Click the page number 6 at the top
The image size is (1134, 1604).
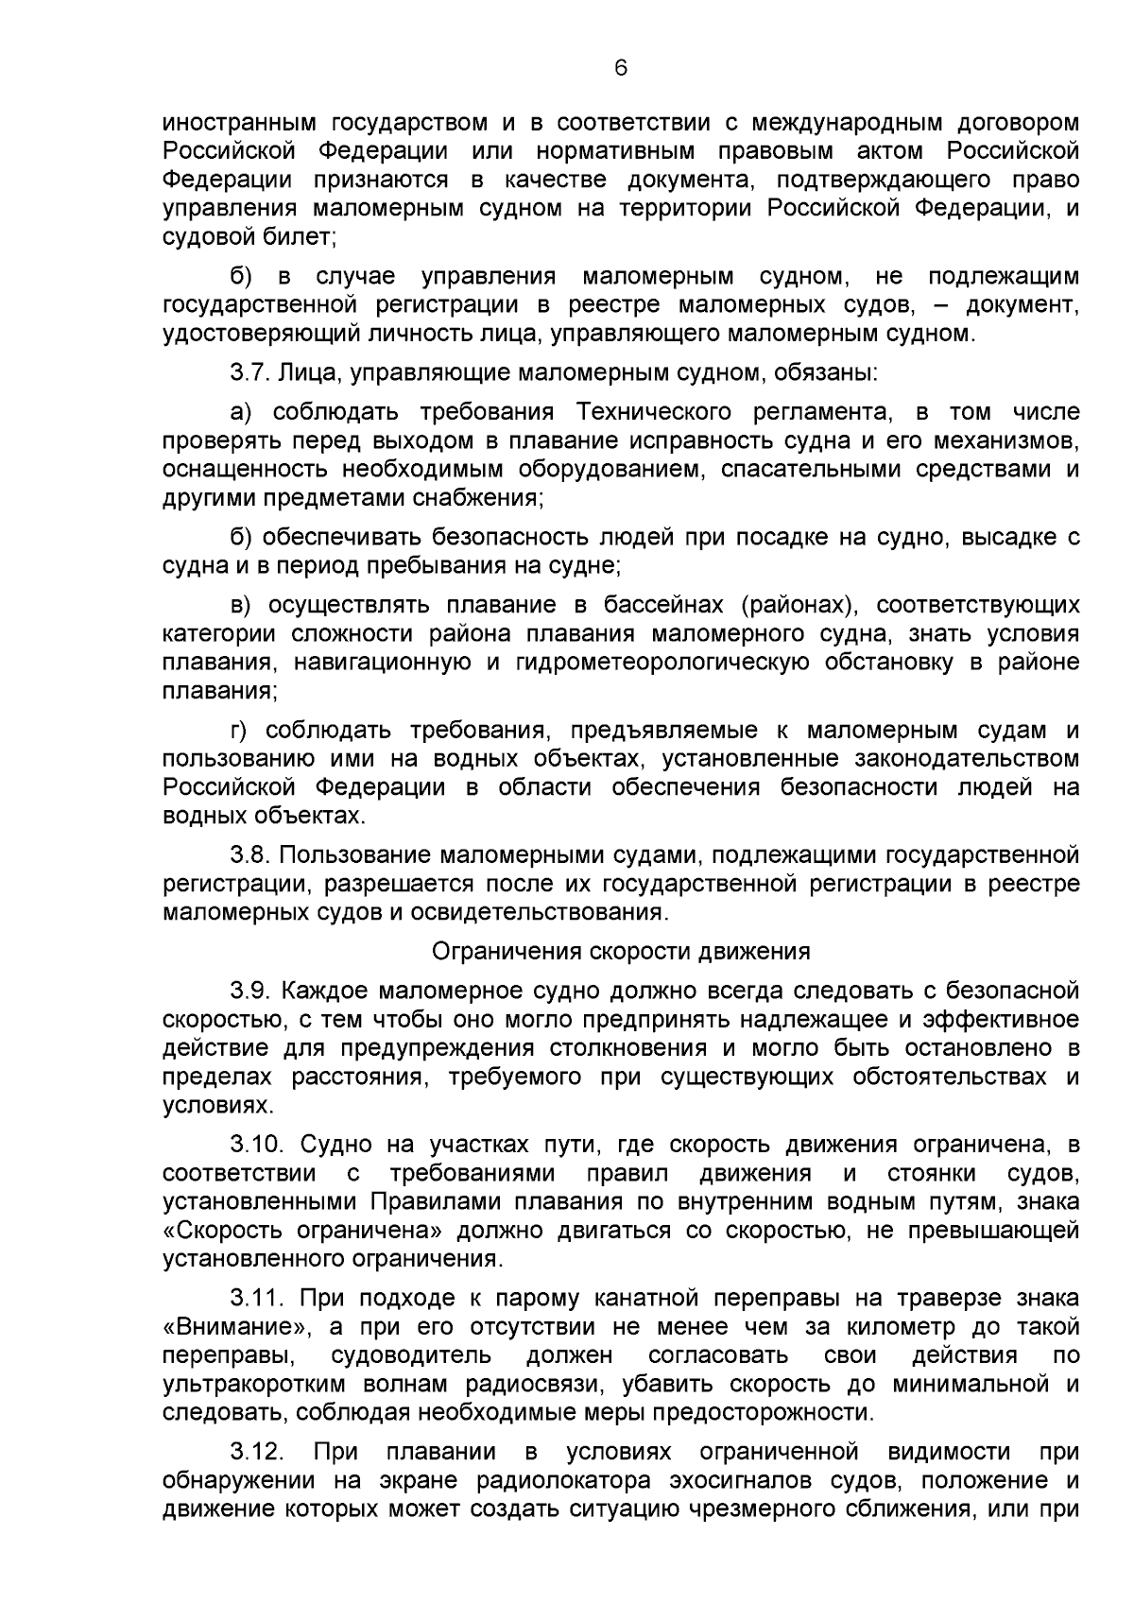point(620,67)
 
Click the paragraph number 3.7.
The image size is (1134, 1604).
point(250,372)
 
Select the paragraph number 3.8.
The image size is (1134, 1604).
point(250,855)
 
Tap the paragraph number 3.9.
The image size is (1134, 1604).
point(250,991)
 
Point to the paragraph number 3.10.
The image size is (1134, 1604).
point(257,1145)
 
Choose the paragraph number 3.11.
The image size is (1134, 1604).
point(257,1299)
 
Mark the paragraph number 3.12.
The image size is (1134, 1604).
point(257,1452)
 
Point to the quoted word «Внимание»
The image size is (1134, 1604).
point(232,1327)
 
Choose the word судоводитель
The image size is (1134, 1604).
point(411,1355)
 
